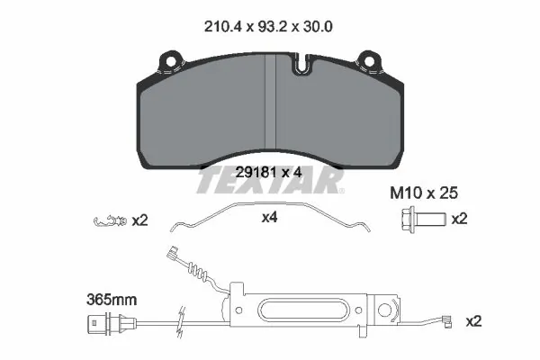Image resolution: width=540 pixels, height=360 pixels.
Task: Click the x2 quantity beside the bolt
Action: [459, 219]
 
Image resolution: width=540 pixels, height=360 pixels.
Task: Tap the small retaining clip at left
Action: [110, 219]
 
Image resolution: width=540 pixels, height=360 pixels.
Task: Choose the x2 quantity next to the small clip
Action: [140, 219]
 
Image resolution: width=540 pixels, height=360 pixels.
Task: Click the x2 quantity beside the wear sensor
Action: [474, 320]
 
